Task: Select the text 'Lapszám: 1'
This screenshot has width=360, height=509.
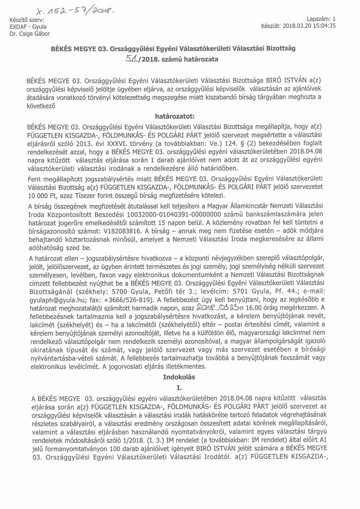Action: [x=321, y=19]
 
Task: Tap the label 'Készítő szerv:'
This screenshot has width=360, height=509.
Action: [x=25, y=19]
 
